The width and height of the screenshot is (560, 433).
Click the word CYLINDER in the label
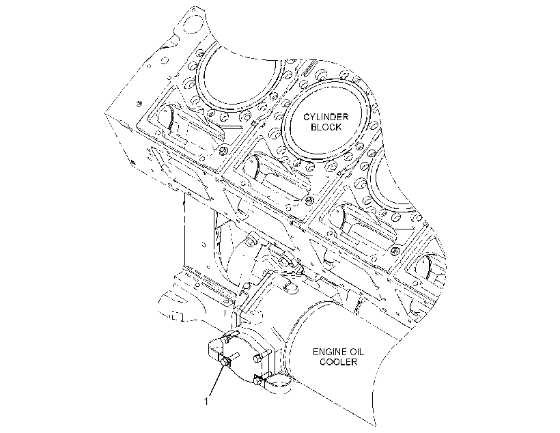pyautogui.click(x=326, y=117)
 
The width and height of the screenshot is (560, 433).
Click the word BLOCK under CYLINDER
pyautogui.click(x=326, y=127)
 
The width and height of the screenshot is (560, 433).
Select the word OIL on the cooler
pyautogui.click(x=356, y=352)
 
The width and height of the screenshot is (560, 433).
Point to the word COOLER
pyautogui.click(x=338, y=362)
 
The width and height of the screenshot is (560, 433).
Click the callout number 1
pyautogui.click(x=206, y=402)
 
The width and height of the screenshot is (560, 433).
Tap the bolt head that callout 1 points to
pyautogui.click(x=225, y=362)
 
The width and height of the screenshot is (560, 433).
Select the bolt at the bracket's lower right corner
pyautogui.click(x=258, y=380)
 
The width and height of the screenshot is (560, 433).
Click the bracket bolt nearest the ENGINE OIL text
pyautogui.click(x=260, y=357)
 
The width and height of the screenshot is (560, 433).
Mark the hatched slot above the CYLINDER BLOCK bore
pyautogui.click(x=310, y=67)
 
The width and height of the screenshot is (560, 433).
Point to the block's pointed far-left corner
pyautogui.click(x=105, y=113)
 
